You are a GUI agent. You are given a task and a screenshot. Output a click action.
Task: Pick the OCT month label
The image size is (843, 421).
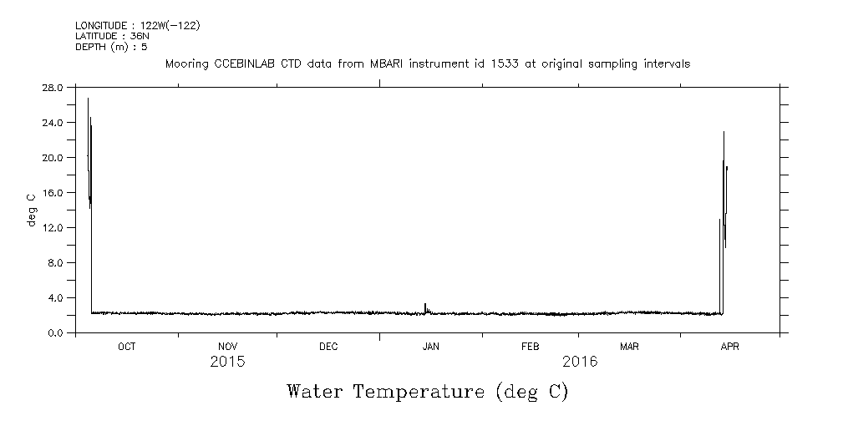point(126,347)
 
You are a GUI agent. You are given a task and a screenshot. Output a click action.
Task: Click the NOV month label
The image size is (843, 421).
point(227,347)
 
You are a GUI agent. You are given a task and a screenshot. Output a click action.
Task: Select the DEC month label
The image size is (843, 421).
point(328,347)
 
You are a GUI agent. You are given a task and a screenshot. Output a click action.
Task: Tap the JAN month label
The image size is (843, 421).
point(430,347)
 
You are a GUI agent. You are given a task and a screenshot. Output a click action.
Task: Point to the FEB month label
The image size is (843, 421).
point(531,347)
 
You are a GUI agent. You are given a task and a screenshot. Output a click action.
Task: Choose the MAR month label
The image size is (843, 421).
point(630,347)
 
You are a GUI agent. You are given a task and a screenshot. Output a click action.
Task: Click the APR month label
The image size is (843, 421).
point(729,347)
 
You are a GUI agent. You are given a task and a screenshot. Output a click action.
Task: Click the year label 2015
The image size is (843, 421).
point(227,363)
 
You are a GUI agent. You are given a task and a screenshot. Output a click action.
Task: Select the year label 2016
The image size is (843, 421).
point(580,363)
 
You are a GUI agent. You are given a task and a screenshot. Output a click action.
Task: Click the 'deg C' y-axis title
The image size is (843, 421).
point(32,210)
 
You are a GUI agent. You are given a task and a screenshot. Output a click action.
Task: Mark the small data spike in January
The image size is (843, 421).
point(425,307)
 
